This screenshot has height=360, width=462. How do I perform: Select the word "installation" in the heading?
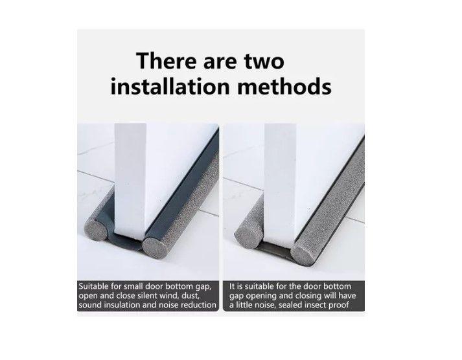170,86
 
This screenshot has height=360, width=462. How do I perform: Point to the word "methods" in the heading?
284,86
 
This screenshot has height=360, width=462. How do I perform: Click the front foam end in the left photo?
156,248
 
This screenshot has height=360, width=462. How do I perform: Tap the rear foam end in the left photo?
96,228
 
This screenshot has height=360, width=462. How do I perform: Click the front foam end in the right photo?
305,254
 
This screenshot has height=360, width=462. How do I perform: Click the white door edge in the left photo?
130,178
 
